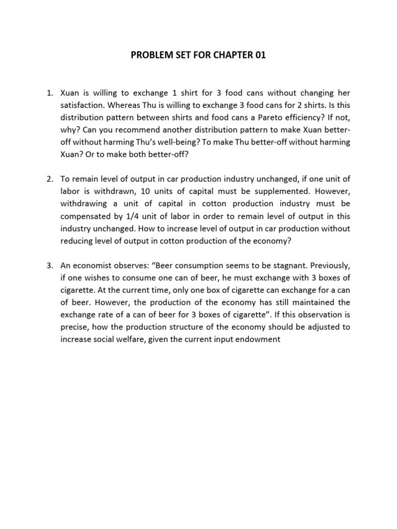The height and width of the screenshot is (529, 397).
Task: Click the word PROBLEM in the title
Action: pos(152,54)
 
